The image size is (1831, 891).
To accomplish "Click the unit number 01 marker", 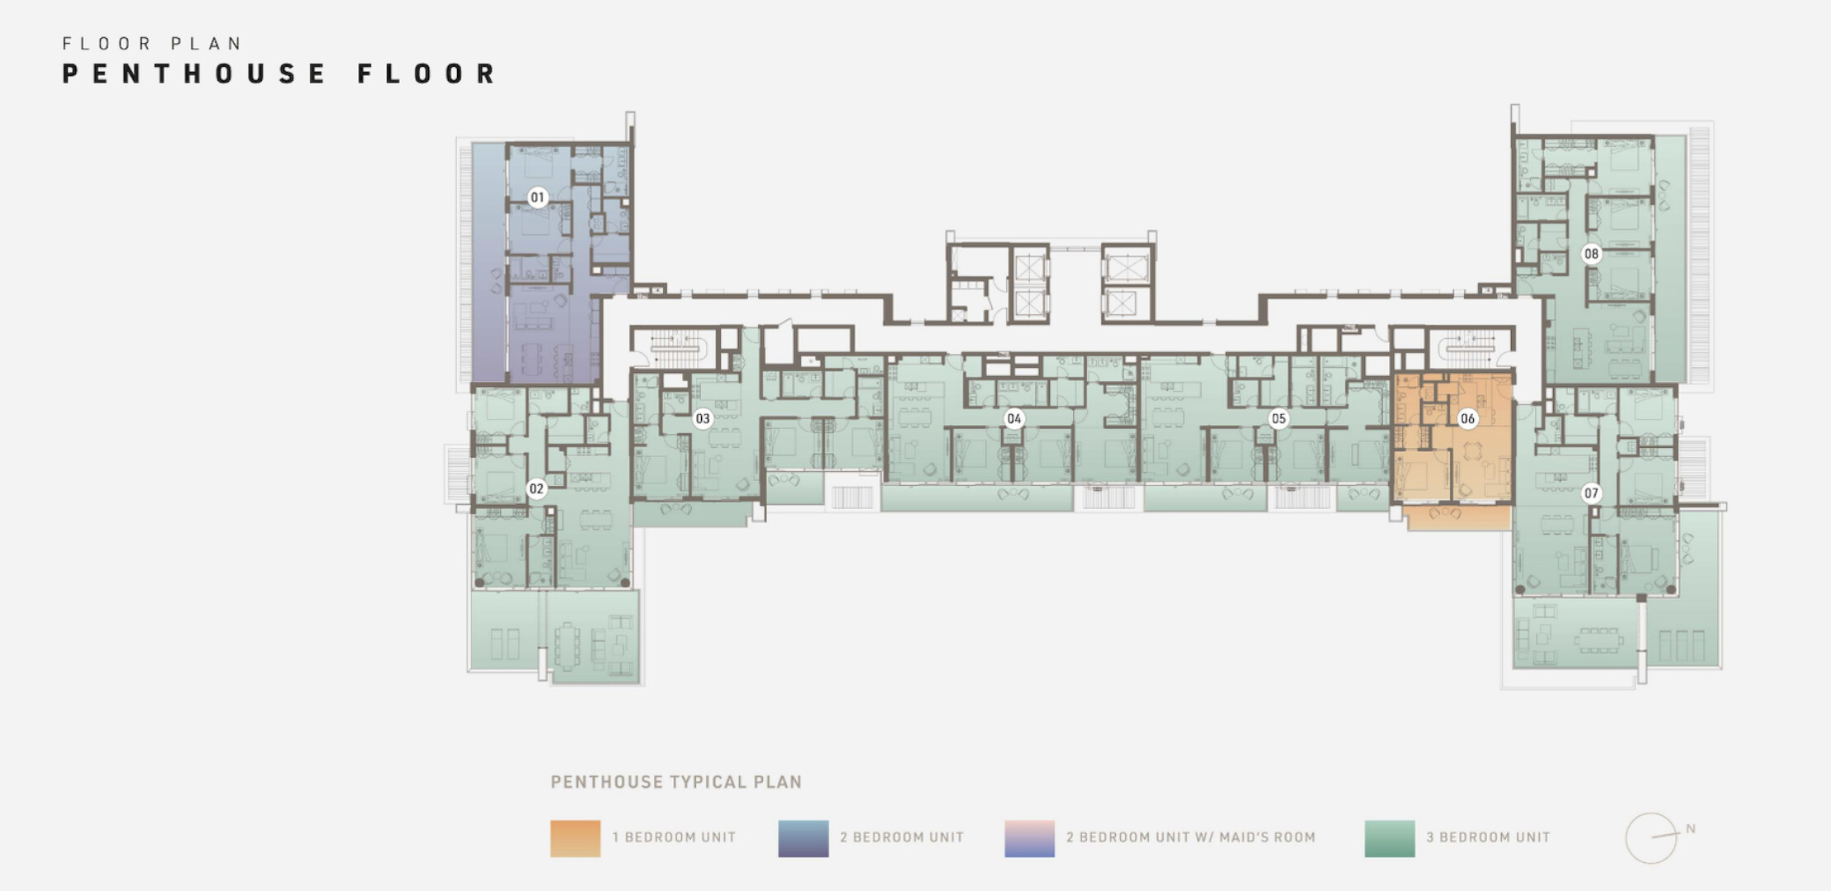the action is point(538,197).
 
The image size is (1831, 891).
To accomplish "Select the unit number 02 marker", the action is point(537,488).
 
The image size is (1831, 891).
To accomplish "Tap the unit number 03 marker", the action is point(703,418).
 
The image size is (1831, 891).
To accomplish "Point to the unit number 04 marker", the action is point(1014,418).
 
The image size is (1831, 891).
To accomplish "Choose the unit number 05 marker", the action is point(1278,418).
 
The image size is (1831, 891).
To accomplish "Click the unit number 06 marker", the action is point(1467,418).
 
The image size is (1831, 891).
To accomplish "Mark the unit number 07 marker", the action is point(1591,493).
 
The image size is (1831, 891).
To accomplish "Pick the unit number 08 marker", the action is point(1591,253).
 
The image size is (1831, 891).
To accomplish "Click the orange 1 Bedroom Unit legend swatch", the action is point(576,838).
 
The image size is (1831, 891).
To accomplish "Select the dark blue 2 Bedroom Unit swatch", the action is point(803,838).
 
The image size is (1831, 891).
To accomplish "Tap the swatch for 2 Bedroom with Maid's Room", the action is point(1029,838).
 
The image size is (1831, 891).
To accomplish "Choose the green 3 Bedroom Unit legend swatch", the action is point(1390,838).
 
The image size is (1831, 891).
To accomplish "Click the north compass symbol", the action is point(1651,838).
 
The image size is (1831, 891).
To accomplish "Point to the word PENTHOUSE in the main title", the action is point(195,73).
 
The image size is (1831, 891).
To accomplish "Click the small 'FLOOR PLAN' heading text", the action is point(152,43).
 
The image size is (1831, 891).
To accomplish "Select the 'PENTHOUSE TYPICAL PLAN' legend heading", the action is point(676,782).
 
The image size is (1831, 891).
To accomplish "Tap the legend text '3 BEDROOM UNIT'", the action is point(1489,837).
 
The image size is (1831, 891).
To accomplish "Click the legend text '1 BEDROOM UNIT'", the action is point(674,837).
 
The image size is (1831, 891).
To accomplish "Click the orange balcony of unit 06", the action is point(1457,517).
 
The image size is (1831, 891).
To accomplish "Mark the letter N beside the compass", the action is point(1691,828).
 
